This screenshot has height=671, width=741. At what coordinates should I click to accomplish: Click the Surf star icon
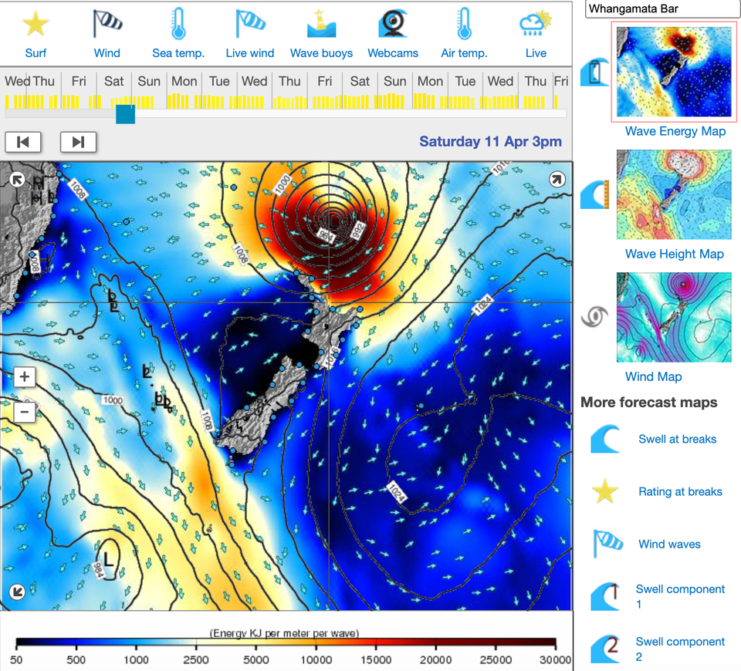(x=36, y=25)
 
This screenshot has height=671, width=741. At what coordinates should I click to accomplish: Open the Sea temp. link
(x=178, y=53)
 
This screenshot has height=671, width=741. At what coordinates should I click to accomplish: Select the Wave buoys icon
(x=321, y=25)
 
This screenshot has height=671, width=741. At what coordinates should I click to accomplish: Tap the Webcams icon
(x=393, y=25)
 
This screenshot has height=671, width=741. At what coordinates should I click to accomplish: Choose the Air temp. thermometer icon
(x=464, y=25)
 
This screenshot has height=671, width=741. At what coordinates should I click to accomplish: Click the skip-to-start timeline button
(x=23, y=142)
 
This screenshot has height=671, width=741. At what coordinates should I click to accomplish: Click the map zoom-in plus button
(x=25, y=377)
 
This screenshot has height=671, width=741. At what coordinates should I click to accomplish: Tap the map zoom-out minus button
(x=25, y=412)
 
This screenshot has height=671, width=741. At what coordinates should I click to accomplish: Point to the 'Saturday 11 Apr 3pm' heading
(x=490, y=142)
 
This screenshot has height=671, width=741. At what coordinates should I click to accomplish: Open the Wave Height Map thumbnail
(x=674, y=194)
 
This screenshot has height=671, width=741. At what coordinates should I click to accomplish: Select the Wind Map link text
(x=653, y=376)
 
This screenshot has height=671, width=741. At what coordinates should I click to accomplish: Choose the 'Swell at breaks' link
(x=677, y=439)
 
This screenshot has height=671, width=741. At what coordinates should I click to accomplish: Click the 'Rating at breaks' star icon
(x=606, y=491)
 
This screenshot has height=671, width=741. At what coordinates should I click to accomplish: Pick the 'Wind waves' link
(x=669, y=544)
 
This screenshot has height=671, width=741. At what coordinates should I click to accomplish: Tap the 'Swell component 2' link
(x=680, y=649)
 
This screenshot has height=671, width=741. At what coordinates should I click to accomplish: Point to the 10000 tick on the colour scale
(x=316, y=659)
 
